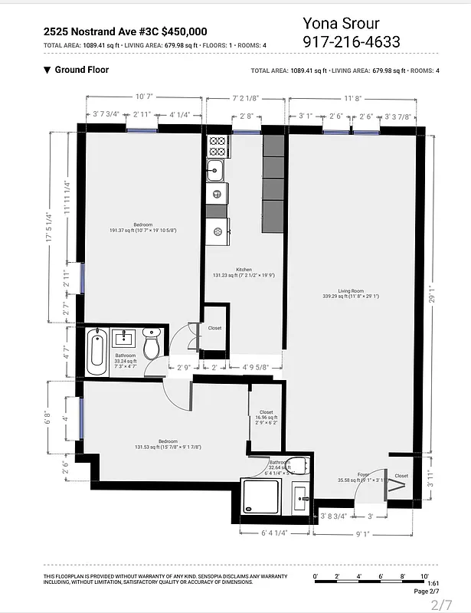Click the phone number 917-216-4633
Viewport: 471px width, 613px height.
coord(352,42)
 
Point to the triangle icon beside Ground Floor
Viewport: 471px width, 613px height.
coord(47,70)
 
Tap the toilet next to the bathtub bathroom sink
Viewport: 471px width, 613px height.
coord(152,346)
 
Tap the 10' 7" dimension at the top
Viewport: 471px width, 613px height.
coord(145,97)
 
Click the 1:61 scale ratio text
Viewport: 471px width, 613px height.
coord(422,584)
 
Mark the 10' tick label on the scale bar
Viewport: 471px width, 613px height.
coord(424,575)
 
